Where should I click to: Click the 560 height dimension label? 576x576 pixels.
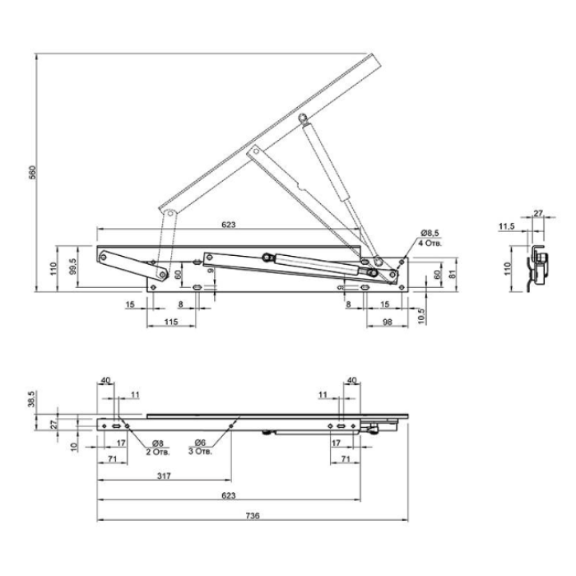[33, 173]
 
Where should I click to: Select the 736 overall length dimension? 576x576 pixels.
[253, 516]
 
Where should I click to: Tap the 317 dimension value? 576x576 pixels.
[164, 476]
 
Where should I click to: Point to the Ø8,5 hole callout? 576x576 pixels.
[430, 233]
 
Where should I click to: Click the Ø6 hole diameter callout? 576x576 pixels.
[200, 443]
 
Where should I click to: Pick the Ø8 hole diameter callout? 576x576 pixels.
[157, 444]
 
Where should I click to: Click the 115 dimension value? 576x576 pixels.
[171, 322]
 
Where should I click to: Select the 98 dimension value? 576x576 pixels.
[388, 322]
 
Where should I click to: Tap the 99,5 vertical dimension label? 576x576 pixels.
[72, 267]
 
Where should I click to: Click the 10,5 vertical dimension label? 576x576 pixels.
[421, 316]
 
